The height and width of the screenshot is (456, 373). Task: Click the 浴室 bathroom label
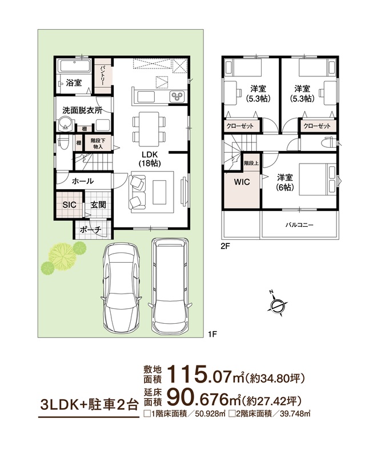coord(74,83)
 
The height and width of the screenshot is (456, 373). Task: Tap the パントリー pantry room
coord(103,76)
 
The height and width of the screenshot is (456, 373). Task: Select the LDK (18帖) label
coord(150,158)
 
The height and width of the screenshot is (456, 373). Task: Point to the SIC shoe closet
coord(70,205)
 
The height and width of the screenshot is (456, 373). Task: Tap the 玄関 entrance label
coord(98,205)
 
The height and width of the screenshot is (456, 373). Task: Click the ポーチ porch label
coord(90,230)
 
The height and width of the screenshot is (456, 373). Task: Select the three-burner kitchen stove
coord(177,96)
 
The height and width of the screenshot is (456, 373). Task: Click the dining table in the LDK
coord(149,129)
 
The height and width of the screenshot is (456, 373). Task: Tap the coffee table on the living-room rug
coord(159,192)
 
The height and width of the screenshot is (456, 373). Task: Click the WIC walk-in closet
coord(242,190)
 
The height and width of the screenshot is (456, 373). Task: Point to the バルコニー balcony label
coord(299,225)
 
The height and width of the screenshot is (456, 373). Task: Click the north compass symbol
coord(277,306)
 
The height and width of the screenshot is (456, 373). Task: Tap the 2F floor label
coord(225,246)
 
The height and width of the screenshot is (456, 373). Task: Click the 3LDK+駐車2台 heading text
coord(89,405)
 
